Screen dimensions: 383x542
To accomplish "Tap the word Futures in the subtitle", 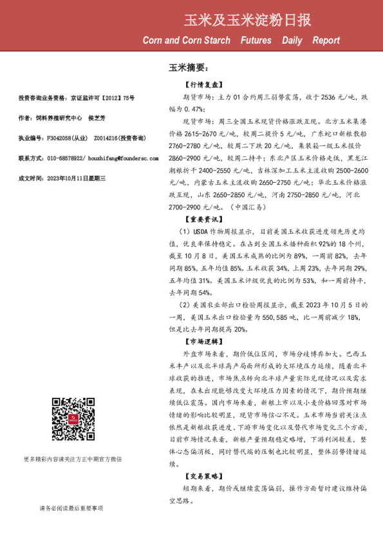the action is click(x=256, y=41).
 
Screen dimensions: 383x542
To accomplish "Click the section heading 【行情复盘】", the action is click(x=204, y=84).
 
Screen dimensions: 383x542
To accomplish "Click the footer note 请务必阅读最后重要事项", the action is click(x=71, y=508).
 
